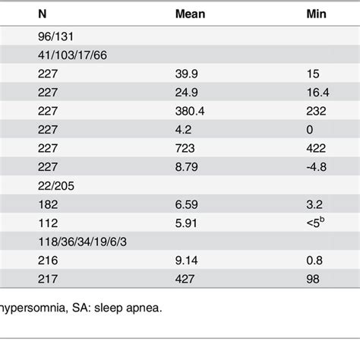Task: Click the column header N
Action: point(41,13)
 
